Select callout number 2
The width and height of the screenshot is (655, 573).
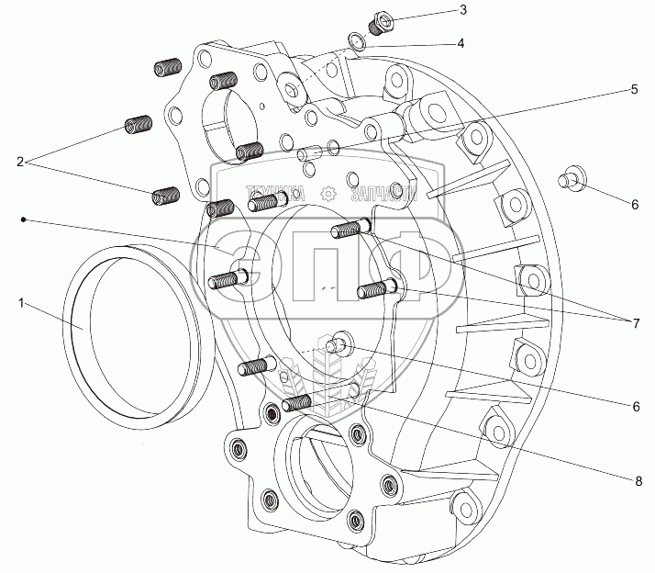19,162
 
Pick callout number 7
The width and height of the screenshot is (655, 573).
635,322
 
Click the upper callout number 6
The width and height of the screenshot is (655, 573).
635,205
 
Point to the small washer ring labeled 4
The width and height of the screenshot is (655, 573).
361,39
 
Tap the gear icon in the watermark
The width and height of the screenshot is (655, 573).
326,194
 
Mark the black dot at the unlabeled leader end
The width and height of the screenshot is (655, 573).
25,219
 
